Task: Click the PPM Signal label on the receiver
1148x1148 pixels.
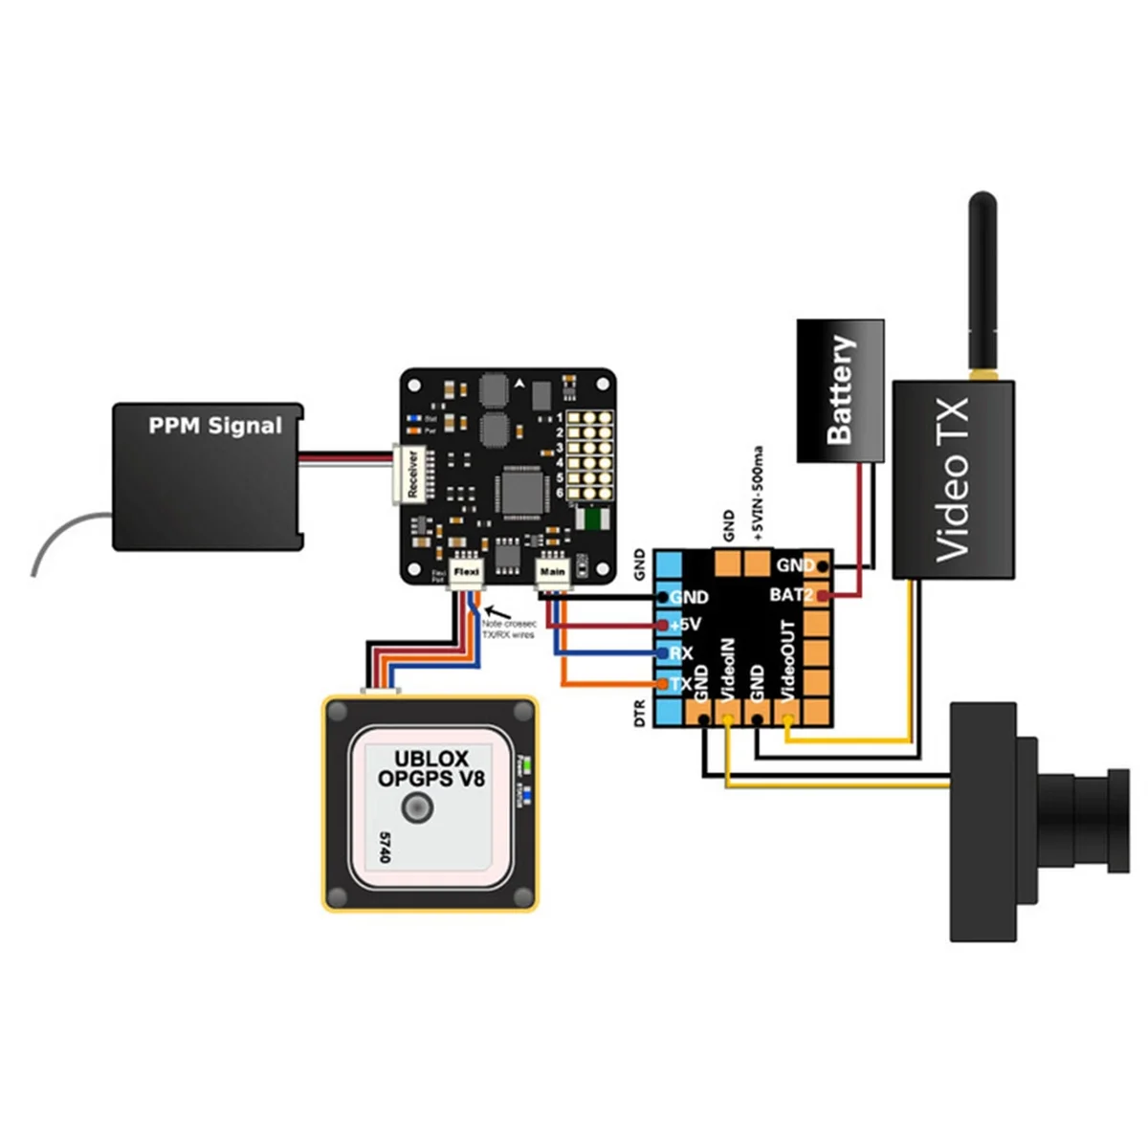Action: point(215,426)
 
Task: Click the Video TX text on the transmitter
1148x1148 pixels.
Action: point(952,479)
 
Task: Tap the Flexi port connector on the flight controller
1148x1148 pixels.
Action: point(466,572)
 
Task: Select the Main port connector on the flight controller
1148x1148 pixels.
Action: point(552,572)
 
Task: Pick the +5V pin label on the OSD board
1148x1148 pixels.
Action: point(686,625)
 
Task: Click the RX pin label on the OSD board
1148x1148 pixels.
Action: point(681,654)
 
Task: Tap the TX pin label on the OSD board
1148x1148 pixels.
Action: point(680,684)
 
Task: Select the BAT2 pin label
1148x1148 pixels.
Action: point(791,595)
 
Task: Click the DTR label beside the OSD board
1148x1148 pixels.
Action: point(640,713)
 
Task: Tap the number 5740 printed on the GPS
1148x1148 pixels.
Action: point(385,848)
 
